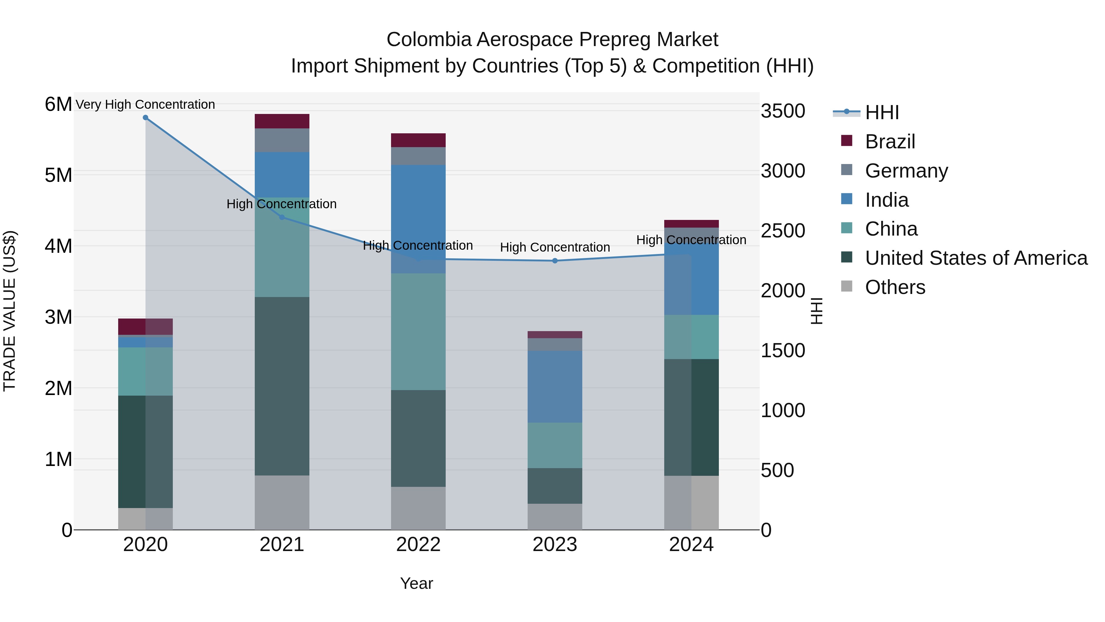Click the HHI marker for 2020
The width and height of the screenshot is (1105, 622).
(x=145, y=118)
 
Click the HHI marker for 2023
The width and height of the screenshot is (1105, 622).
(x=555, y=260)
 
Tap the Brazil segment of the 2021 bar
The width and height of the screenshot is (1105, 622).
(x=282, y=121)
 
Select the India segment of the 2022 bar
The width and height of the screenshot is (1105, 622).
(x=418, y=219)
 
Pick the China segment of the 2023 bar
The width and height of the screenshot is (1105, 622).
(x=555, y=445)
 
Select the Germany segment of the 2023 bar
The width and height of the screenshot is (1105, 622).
(x=555, y=345)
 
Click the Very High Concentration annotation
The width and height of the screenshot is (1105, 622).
(x=145, y=104)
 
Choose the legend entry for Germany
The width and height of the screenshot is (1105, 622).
(x=906, y=171)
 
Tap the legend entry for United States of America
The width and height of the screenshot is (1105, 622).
(x=976, y=258)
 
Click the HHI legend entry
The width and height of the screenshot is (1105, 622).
(x=882, y=112)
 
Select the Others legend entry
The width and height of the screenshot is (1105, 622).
(x=895, y=287)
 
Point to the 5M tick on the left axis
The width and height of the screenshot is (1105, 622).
(x=58, y=175)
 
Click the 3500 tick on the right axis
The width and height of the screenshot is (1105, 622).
(x=783, y=111)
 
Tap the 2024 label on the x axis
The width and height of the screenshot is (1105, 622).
(x=691, y=545)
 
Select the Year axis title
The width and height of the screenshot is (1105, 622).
(x=417, y=583)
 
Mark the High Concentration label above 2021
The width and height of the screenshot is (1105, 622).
(x=281, y=204)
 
